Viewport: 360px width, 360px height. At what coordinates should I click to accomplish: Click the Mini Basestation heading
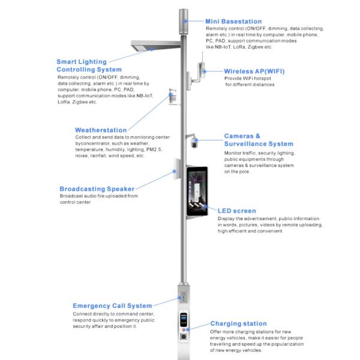tap(233, 21)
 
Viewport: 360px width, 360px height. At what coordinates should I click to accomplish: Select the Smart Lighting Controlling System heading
tap(82, 65)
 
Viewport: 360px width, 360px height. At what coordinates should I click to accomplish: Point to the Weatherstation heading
tap(101, 130)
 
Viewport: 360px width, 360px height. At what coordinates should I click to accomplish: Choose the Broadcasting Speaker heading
tap(97, 189)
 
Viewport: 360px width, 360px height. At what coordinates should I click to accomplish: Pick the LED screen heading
tap(237, 211)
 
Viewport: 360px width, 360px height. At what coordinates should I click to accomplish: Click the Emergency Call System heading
tap(112, 305)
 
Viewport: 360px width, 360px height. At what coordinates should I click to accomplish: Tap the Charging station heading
tap(238, 323)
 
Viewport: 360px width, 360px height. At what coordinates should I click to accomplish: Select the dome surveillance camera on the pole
tap(194, 143)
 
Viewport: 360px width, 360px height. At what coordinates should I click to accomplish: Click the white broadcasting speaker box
tap(177, 172)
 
